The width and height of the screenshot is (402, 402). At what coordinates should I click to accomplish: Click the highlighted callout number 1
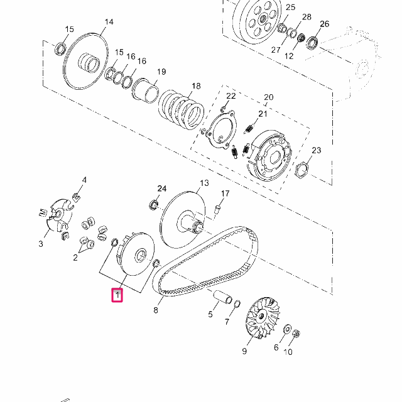(117, 295)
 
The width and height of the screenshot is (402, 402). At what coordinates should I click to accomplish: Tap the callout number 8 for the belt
(156, 310)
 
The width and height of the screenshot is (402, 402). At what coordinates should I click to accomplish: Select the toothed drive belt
(205, 261)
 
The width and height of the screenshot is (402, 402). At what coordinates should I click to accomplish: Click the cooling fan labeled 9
(263, 317)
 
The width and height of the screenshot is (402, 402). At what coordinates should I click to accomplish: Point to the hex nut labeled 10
(296, 334)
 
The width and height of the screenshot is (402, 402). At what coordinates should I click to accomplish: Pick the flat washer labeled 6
(287, 329)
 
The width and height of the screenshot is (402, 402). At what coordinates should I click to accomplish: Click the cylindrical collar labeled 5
(223, 296)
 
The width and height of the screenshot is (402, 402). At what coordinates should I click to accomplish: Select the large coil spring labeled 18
(182, 109)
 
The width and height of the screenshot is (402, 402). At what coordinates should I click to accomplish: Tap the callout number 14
(109, 22)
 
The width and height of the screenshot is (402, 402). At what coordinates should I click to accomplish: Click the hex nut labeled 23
(301, 170)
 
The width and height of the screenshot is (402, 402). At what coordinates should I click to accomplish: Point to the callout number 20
(268, 97)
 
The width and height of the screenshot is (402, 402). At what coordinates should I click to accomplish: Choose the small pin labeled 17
(218, 209)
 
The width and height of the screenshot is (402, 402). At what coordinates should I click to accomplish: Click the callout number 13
(204, 183)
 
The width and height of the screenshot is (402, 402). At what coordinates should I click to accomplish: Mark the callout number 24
(162, 188)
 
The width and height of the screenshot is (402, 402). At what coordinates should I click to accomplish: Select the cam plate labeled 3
(57, 217)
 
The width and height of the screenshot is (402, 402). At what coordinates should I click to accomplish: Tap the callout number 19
(161, 72)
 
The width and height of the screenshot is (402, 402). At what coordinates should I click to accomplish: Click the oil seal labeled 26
(312, 43)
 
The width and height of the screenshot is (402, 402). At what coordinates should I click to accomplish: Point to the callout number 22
(231, 96)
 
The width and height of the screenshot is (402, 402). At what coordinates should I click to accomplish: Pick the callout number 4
(84, 180)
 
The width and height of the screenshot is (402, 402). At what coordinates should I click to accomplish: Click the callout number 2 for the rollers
(75, 258)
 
